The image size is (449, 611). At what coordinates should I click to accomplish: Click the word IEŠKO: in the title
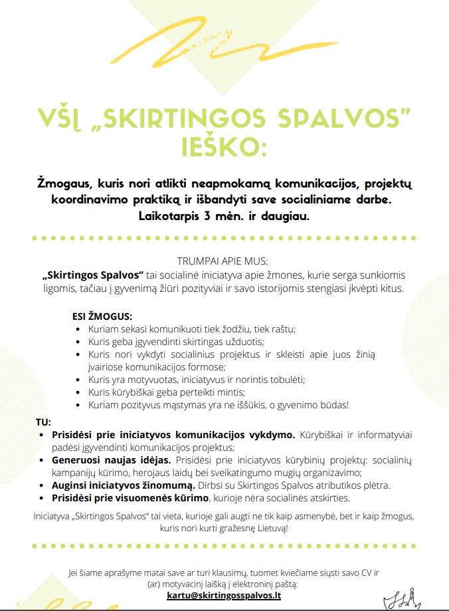(224, 146)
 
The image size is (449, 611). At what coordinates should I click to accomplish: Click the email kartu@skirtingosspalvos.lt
(224, 596)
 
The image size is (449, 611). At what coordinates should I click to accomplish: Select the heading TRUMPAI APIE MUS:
(224, 262)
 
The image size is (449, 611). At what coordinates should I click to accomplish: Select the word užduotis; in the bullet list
(242, 341)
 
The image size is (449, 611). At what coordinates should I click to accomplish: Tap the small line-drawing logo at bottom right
(405, 599)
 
